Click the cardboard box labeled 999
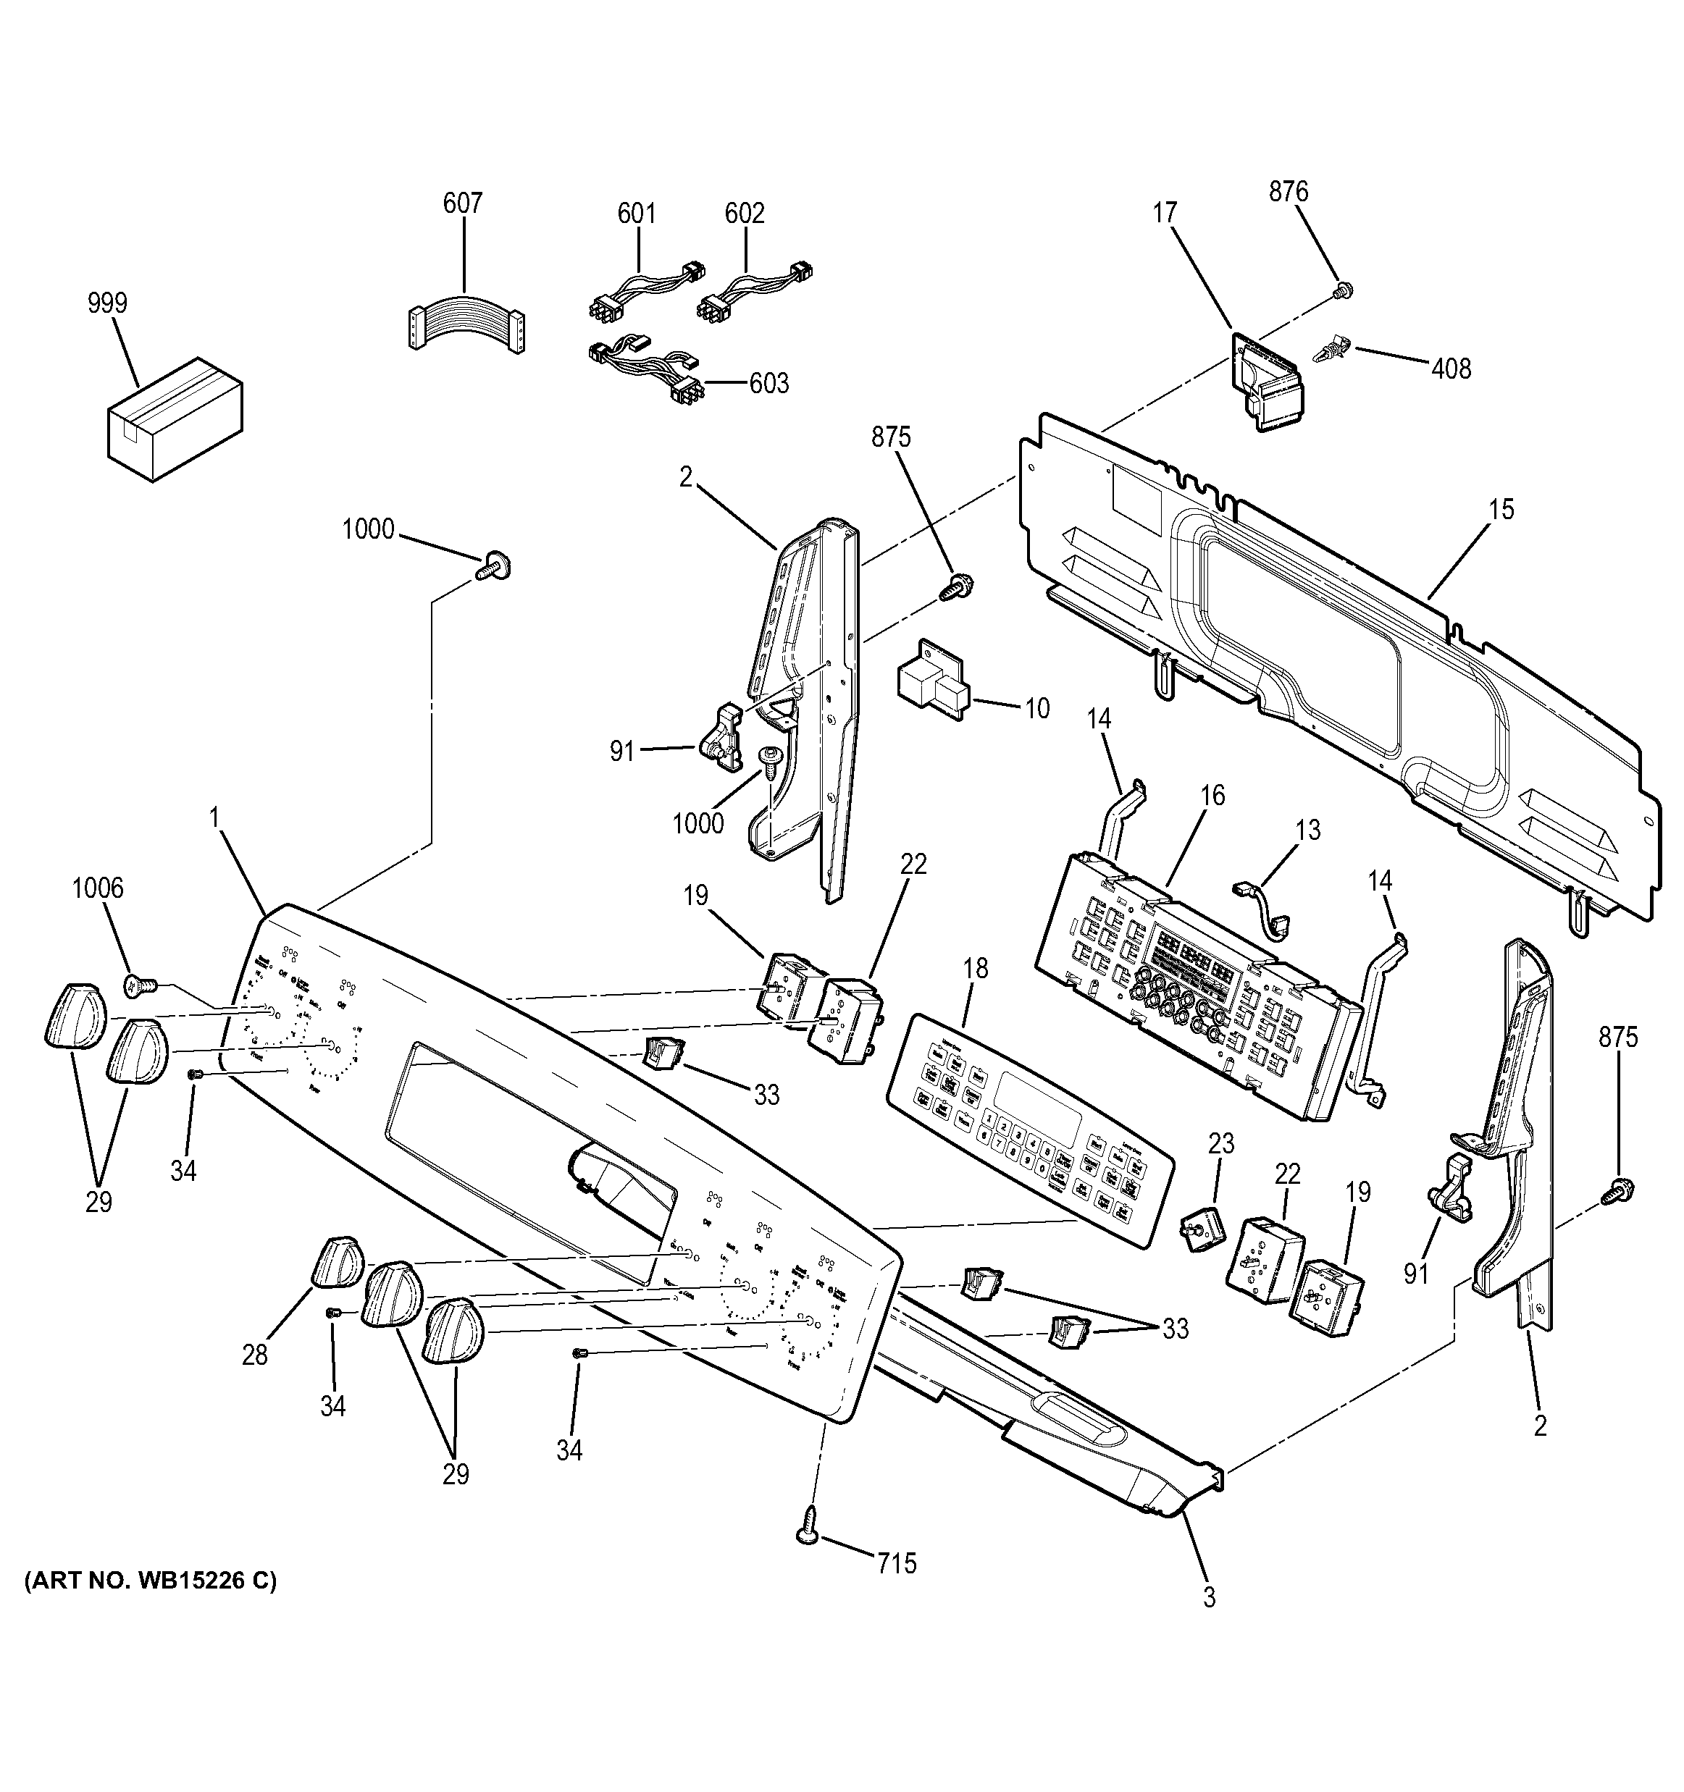coord(174,418)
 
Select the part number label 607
coord(463,203)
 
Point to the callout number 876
coord(1289,191)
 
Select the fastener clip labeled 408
coord(1333,349)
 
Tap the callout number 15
coord(1501,509)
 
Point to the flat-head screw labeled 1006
coord(141,985)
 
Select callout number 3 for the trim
coord(1209,1597)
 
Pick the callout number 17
coord(1165,213)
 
